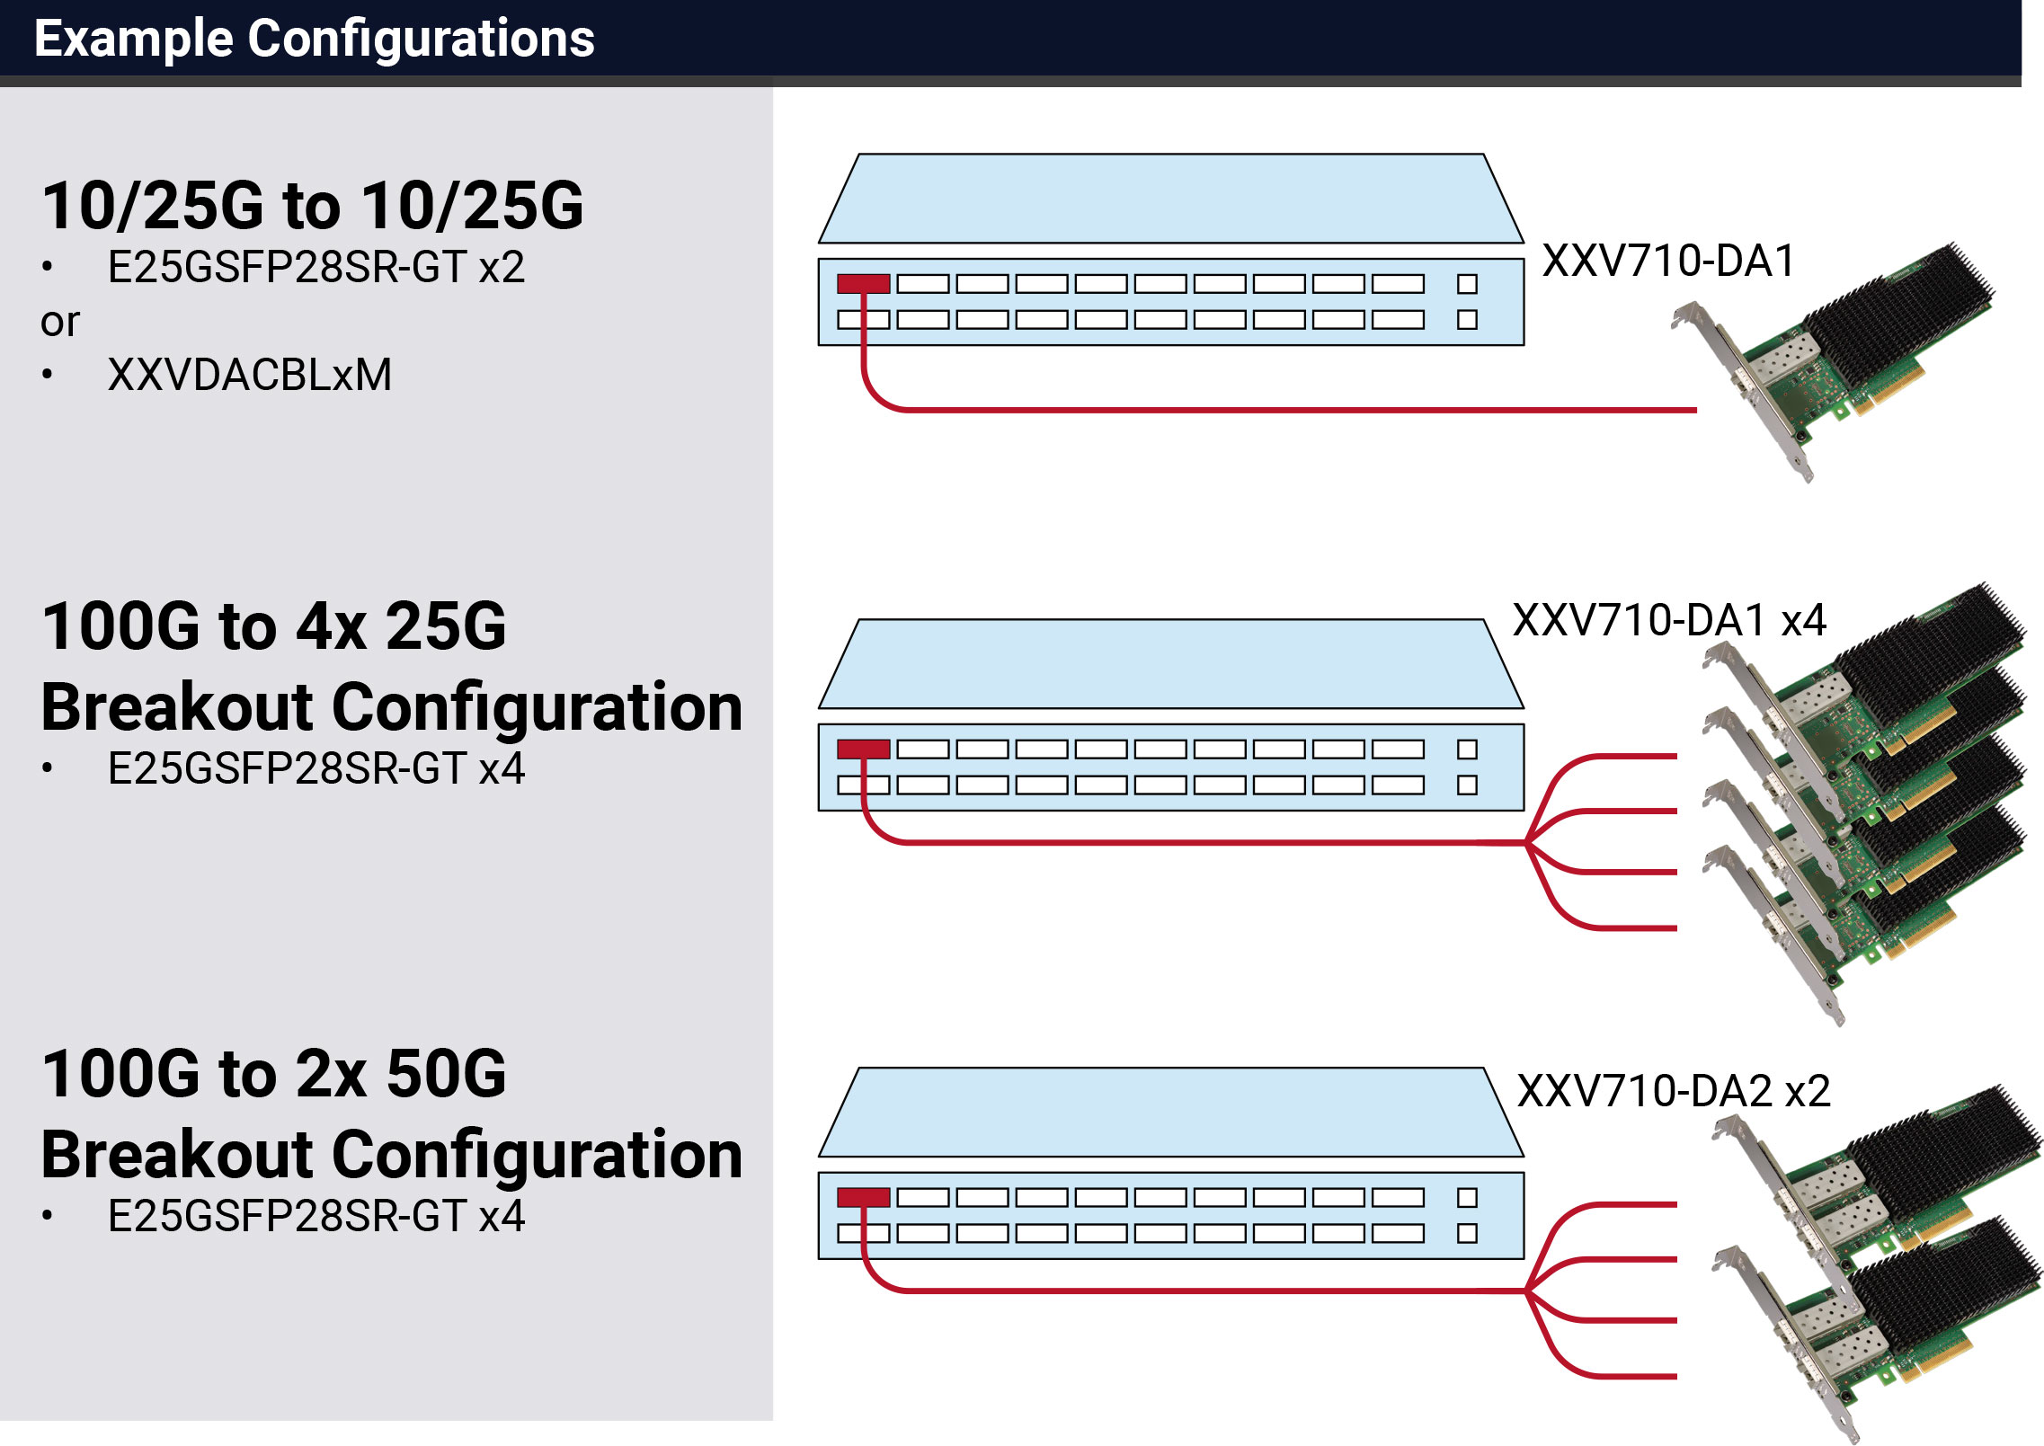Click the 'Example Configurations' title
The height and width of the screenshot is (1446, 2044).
tap(315, 39)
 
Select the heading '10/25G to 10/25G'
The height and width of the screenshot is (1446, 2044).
tap(313, 205)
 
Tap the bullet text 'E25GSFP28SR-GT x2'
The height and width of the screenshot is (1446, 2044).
tap(315, 267)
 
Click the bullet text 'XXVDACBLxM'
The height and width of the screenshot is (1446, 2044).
tap(250, 375)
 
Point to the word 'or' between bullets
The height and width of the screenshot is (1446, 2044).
tap(60, 323)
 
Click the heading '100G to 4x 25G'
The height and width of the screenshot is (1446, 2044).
tap(274, 625)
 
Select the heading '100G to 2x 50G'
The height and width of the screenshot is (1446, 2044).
tap(274, 1073)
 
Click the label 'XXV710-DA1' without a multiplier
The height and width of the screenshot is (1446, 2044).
tap(1668, 262)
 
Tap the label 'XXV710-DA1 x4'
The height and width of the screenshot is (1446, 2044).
tap(1670, 620)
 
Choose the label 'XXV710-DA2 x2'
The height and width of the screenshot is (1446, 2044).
tap(1674, 1091)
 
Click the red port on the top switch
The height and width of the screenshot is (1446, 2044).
tap(863, 284)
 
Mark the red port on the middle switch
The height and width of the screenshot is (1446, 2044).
tap(863, 750)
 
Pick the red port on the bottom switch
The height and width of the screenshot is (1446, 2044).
tap(863, 1197)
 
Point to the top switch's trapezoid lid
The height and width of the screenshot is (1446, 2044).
tap(1170, 199)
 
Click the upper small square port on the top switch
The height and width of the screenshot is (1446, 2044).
tap(1467, 284)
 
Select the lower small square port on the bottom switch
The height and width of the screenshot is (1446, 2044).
tap(1467, 1233)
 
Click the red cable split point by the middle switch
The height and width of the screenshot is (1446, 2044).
tap(1526, 843)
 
